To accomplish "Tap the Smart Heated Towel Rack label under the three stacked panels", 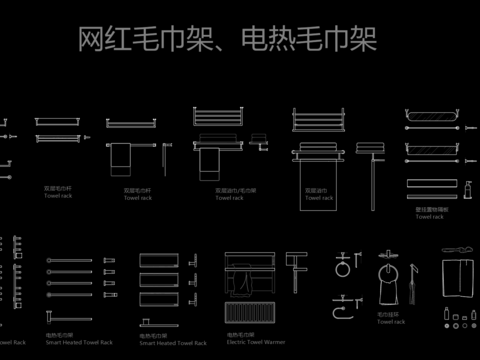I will click(173, 342).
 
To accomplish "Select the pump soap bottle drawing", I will click(466, 188).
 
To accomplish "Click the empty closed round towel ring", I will click(343, 268).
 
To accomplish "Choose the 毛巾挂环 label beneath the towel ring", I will click(389, 315).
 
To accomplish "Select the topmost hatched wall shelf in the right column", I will click(432, 127).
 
